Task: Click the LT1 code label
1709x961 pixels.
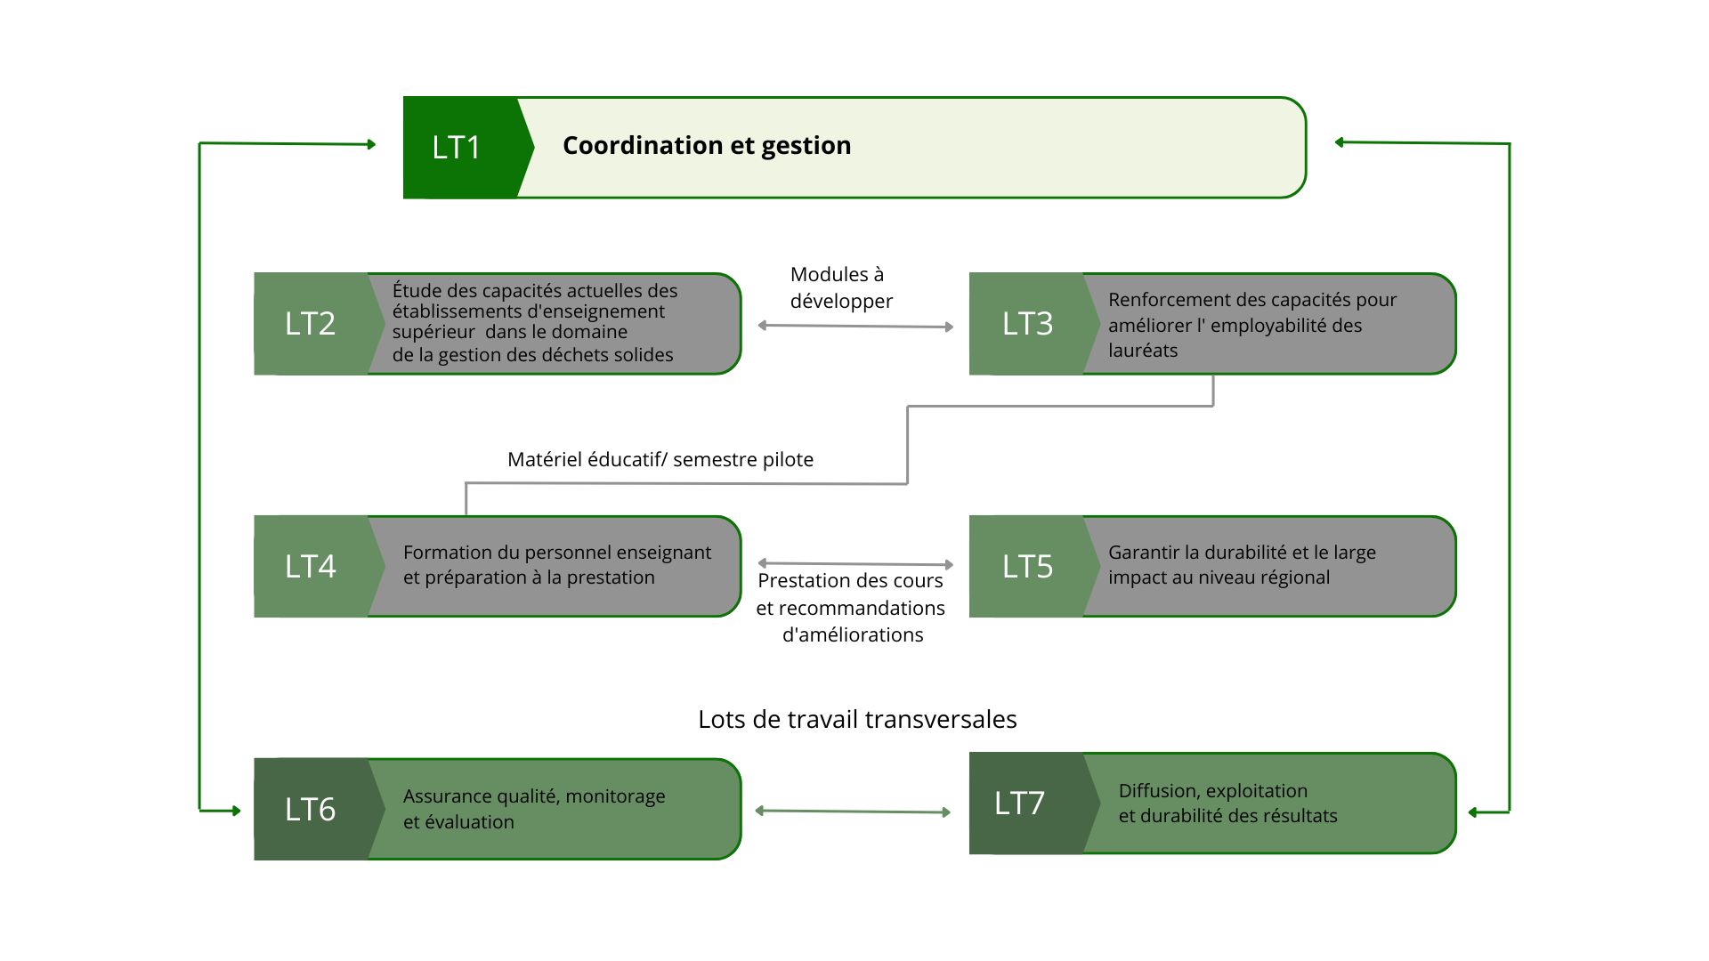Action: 456,147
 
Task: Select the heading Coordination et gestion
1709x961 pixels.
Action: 707,145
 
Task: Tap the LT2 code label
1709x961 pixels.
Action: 310,323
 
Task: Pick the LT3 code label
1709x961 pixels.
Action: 1027,323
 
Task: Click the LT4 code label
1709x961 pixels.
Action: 310,566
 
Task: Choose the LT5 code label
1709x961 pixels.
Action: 1027,566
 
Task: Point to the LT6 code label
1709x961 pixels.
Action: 310,809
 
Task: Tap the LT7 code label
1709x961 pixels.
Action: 1019,803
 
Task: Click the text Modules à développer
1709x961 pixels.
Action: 841,287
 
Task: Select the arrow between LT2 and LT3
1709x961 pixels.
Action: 855,326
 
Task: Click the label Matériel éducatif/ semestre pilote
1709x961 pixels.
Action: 660,459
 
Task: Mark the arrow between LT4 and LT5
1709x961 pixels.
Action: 855,563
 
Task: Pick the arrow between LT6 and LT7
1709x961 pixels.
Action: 853,811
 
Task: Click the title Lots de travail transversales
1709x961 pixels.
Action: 857,719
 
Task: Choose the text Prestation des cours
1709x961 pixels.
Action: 850,580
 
